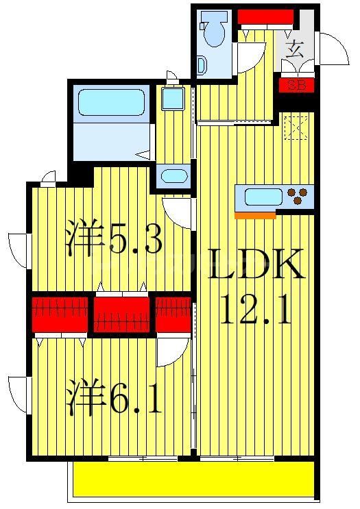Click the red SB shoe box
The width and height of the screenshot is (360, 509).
click(x=296, y=86)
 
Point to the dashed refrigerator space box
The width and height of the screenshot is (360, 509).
click(x=296, y=127)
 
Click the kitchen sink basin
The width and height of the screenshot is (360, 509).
click(x=263, y=197)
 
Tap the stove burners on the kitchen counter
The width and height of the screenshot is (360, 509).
click(x=298, y=197)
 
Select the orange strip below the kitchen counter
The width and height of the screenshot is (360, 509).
click(x=255, y=215)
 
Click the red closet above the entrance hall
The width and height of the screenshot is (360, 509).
click(x=265, y=17)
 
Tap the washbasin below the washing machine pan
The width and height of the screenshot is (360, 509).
click(x=174, y=176)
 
